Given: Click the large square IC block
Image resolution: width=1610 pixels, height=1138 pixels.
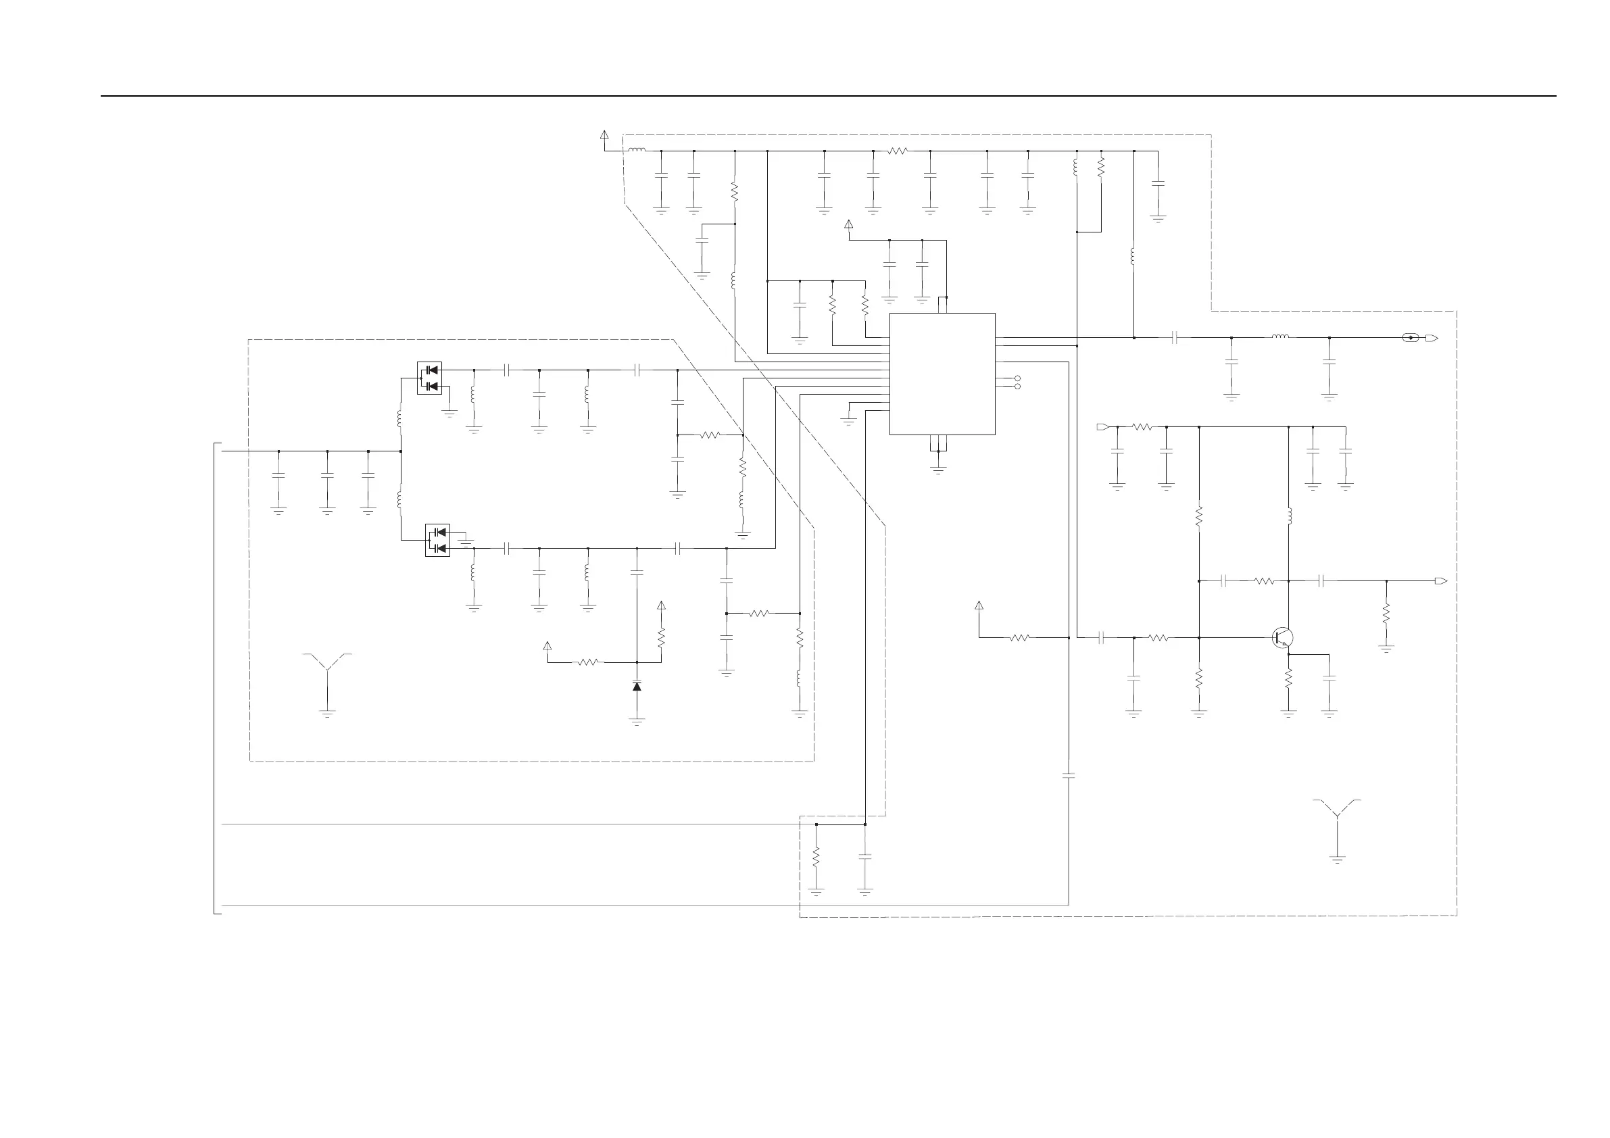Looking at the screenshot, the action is point(942,374).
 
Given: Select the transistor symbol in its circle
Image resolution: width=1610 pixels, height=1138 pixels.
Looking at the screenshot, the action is point(1283,637).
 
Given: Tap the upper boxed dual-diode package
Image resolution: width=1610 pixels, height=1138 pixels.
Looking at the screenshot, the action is point(429,378).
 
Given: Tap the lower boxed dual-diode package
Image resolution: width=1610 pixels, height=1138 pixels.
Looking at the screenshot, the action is point(437,541).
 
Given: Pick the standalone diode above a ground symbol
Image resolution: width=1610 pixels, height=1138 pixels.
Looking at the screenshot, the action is point(637,687).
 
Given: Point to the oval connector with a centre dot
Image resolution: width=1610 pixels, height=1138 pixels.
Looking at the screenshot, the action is point(1411,338).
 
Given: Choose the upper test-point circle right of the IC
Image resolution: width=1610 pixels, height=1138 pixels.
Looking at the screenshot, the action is point(1018,378).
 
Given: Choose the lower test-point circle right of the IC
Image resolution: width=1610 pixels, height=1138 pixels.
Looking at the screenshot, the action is point(1018,387).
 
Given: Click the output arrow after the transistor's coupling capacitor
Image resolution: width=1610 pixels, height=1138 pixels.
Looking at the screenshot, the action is point(1441,581).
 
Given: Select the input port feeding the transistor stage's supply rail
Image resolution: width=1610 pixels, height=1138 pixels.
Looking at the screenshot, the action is point(1102,426).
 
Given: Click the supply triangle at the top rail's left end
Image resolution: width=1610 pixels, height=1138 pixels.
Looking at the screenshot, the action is point(604,134).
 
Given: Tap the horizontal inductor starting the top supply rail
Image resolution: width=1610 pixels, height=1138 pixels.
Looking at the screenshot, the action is point(637,150).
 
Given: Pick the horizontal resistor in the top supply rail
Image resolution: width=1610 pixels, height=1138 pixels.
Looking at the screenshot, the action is point(898,151).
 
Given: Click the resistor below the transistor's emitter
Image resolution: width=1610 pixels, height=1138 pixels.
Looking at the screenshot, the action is point(1288,678).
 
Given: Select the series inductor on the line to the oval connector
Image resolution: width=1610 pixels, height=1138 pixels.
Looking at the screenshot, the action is point(1279,337).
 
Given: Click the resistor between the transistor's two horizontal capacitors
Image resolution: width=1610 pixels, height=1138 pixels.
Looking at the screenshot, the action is point(1263,581).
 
